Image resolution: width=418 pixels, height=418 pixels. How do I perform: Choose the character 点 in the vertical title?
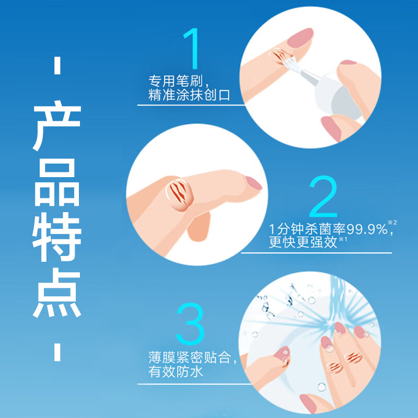pos(57,293)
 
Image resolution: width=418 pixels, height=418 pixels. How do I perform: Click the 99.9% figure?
pos(362,229)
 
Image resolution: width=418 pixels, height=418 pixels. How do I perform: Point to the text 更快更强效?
pos(295,241)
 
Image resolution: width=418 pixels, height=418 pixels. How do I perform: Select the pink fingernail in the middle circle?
pos(254,183)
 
